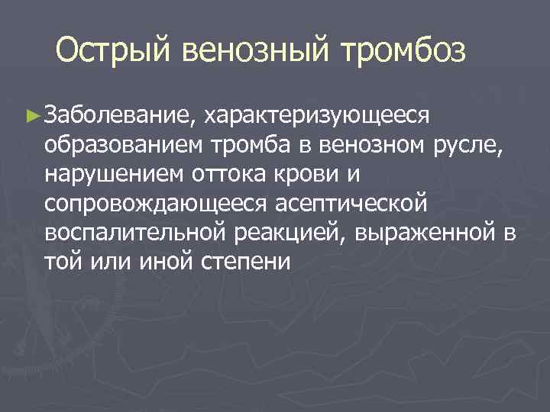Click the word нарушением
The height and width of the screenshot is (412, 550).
coord(114,174)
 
